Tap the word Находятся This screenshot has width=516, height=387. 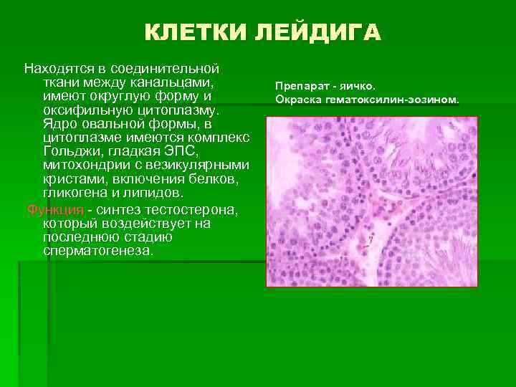(x=59, y=70)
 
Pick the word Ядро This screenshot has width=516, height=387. (x=58, y=124)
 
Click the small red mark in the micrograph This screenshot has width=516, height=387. (x=371, y=240)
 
